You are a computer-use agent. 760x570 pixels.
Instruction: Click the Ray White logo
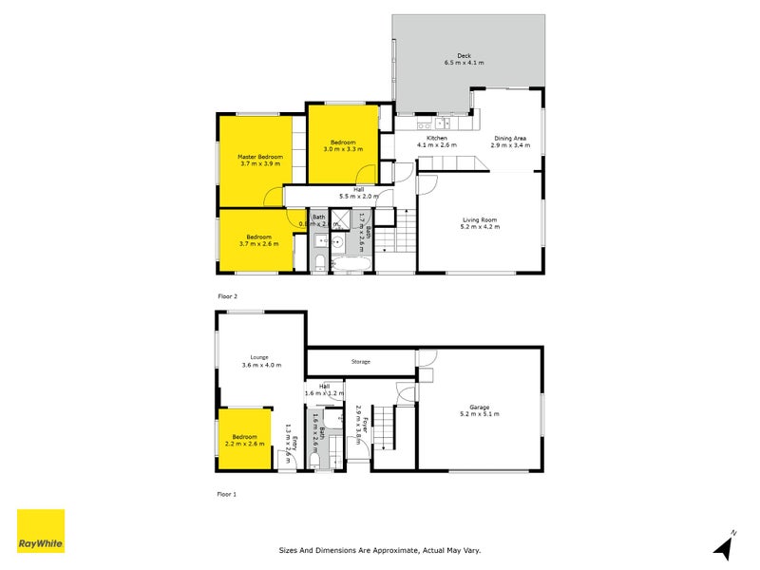click(41, 531)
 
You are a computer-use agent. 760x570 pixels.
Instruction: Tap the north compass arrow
click(726, 546)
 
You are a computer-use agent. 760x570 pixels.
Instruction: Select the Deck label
click(464, 56)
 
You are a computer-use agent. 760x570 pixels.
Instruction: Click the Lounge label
click(260, 357)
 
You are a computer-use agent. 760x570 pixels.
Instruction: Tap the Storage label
click(360, 361)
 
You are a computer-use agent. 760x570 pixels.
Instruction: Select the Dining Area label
click(511, 139)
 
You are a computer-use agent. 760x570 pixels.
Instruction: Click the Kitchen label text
click(437, 139)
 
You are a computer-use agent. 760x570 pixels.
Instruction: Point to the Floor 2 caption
click(227, 296)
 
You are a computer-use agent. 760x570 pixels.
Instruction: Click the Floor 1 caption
click(227, 494)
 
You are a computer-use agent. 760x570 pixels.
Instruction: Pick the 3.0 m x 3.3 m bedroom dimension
click(343, 149)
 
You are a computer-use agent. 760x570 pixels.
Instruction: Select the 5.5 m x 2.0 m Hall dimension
click(359, 197)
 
